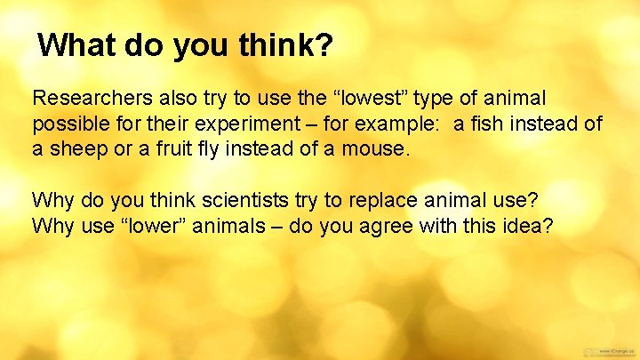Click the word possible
pos(68,123)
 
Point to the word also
pos(172,96)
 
